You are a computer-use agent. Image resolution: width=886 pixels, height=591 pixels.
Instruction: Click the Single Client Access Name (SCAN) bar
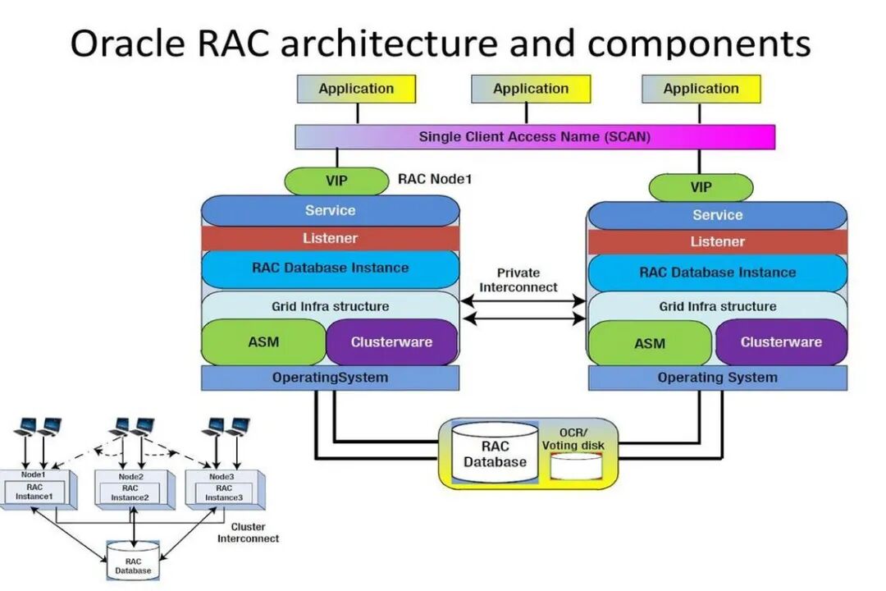[x=534, y=137]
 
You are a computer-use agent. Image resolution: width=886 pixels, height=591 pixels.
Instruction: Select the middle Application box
[x=530, y=89]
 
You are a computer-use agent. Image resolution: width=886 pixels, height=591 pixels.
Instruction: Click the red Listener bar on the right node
[x=717, y=242]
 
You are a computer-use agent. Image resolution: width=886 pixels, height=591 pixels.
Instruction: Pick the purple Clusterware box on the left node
[x=391, y=342]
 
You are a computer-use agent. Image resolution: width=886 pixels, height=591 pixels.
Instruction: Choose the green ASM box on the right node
[x=649, y=343]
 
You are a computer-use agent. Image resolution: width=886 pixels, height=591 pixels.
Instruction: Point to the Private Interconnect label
[x=518, y=280]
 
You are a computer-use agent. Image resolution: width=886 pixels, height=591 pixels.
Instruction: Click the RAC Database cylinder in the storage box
[x=495, y=454]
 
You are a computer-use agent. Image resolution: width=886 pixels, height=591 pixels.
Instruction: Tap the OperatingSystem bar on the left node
[x=330, y=378]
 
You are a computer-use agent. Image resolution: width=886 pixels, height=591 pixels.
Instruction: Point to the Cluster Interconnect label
[x=248, y=533]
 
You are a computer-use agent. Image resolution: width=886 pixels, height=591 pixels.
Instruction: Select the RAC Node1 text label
[x=435, y=179]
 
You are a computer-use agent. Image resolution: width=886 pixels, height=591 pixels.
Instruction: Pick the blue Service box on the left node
[x=330, y=211]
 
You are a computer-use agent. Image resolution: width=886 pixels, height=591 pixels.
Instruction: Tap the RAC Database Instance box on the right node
[x=717, y=273]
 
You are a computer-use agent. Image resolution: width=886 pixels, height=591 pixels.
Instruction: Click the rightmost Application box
[x=701, y=89]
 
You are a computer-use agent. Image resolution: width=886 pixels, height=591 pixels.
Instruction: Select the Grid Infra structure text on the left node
[x=330, y=306]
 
